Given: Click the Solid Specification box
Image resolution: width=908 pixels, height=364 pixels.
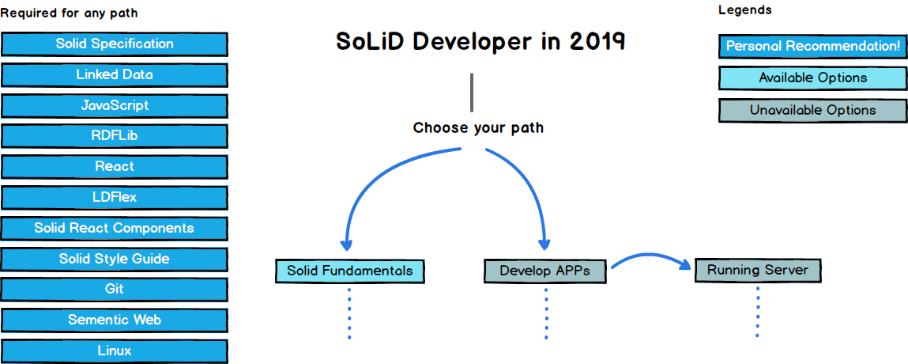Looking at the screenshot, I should [115, 44].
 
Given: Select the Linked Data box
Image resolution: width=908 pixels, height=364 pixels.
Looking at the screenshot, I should [115, 75].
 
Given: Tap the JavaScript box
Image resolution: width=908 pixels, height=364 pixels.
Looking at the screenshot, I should [115, 105].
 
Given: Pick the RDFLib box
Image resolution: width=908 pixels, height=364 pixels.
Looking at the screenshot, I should [115, 136].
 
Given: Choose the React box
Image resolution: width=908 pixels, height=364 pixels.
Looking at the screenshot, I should [115, 167].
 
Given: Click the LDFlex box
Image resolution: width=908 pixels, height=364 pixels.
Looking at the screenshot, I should [115, 198].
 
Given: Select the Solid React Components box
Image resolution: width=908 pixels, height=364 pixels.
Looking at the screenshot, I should [115, 229].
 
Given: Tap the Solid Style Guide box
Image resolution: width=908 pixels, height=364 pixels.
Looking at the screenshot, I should [115, 260].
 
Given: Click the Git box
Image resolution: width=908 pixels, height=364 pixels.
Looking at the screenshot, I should [115, 290].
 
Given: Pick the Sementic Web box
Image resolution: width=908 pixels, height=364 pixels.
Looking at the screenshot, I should [115, 320].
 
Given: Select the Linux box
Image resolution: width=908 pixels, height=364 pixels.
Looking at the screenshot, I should [115, 351].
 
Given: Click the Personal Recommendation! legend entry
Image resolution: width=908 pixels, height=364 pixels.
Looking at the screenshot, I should [812, 47].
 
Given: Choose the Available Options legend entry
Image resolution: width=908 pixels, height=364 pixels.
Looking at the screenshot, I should [812, 78].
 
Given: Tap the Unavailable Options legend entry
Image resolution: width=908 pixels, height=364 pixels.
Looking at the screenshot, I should [812, 111].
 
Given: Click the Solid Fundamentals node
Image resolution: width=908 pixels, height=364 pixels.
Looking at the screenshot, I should [349, 271].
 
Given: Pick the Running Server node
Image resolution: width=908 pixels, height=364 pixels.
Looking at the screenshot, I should [757, 271].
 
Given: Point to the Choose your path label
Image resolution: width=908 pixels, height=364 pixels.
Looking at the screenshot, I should [478, 128].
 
